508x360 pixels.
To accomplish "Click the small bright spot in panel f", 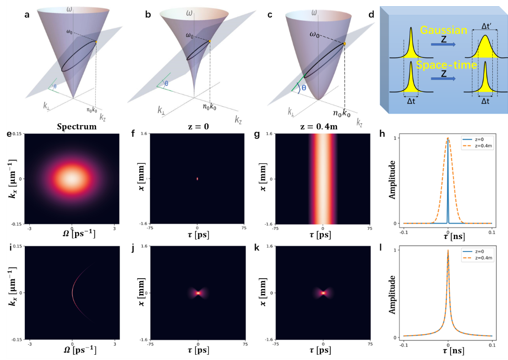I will click(x=197, y=179).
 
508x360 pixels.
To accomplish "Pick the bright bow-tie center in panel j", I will click(x=197, y=293).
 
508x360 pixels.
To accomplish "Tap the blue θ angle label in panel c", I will click(x=302, y=88).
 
